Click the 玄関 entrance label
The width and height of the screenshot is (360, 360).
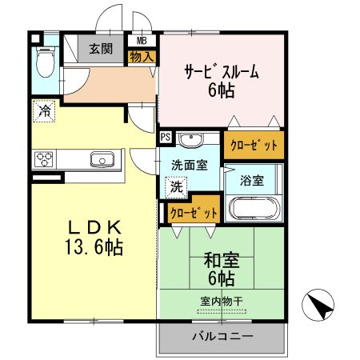pos(101,48)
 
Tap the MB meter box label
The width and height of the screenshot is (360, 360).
pos(141,40)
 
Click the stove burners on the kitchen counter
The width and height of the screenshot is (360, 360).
pos(45,158)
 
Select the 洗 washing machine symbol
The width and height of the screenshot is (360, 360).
pos(175,187)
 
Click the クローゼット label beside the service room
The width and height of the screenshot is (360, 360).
pos(254,145)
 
